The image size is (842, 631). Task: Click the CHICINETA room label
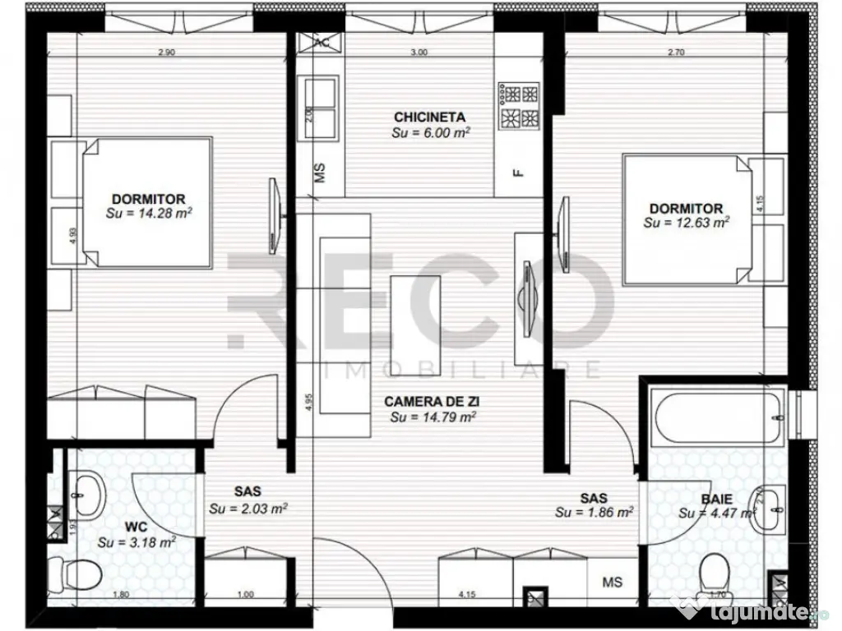(x=430, y=117)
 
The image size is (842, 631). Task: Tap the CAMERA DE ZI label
(x=433, y=402)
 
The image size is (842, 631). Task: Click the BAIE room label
(x=717, y=498)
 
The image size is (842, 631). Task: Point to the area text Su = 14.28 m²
(x=148, y=213)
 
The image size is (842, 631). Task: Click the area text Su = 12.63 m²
(x=686, y=223)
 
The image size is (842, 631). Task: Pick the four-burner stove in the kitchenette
(x=519, y=105)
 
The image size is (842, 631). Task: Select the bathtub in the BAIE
(x=715, y=406)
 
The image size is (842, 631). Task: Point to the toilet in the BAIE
(x=715, y=570)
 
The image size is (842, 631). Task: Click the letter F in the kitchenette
(x=517, y=173)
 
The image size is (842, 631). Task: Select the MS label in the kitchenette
(x=321, y=173)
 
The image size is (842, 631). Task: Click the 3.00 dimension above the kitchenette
(x=419, y=53)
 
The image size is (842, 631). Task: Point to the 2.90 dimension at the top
(x=165, y=53)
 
